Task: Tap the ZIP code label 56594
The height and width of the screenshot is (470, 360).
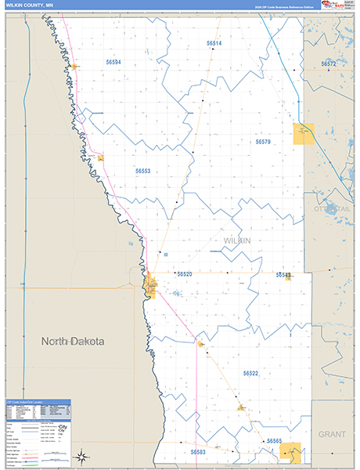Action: tap(113, 61)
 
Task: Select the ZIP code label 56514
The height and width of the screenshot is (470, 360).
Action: tap(214, 43)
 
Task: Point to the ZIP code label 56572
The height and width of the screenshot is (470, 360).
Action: tap(328, 63)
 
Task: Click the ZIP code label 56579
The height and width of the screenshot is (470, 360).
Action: tap(262, 142)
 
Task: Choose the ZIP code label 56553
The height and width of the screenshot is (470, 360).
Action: tap(142, 170)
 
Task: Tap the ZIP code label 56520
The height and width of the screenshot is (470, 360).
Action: tap(184, 274)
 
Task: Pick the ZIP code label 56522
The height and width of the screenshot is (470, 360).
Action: tap(250, 374)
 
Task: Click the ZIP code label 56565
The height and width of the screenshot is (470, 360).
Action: tap(274, 441)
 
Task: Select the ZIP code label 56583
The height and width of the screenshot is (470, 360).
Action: tap(198, 451)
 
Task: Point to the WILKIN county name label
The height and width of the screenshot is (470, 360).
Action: tap(236, 240)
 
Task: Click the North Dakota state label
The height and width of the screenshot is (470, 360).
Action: tap(73, 342)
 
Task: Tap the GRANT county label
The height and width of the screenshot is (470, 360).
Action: tap(332, 433)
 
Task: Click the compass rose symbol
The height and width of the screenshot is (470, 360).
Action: tap(81, 456)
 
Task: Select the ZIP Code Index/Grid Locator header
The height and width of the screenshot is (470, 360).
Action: tap(38, 402)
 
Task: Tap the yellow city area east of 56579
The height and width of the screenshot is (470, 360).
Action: tap(304, 134)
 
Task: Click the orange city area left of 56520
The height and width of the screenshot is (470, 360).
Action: tap(151, 284)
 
